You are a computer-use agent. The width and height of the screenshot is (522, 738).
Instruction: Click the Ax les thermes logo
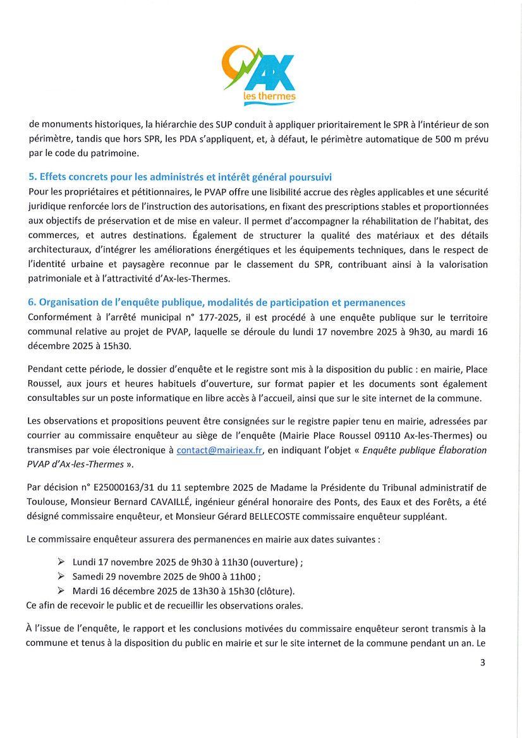[x=260, y=74]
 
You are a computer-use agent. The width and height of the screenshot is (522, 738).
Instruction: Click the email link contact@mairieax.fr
[x=218, y=450]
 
